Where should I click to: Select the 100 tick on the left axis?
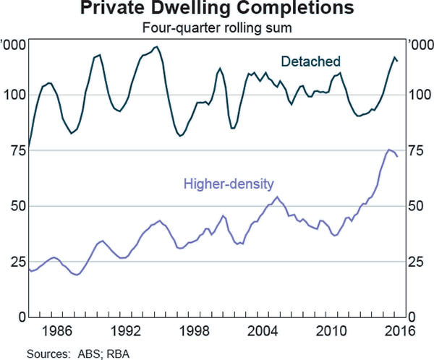[14, 95]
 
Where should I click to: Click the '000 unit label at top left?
[14, 46]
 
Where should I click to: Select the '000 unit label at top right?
[420, 46]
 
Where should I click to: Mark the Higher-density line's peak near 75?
[388, 150]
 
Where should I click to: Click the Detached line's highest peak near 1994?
[157, 47]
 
